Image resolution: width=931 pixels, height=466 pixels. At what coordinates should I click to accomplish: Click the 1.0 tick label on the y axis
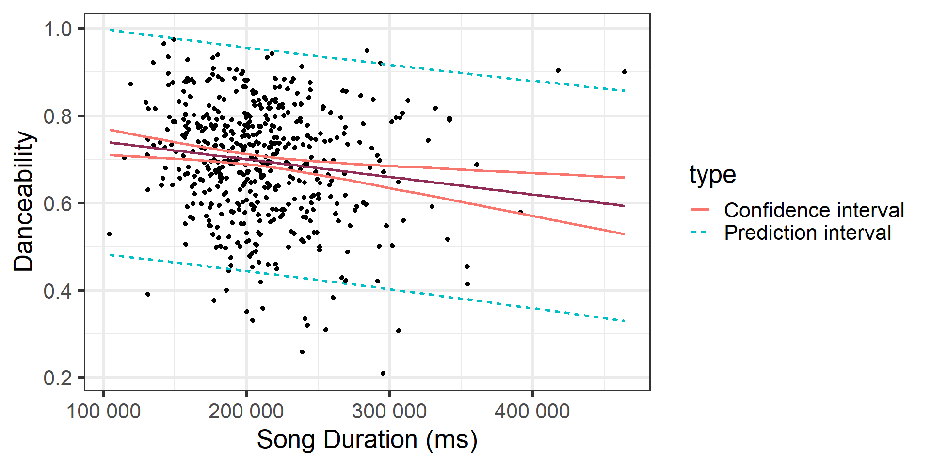58,30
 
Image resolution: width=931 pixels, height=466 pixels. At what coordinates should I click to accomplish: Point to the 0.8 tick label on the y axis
58,117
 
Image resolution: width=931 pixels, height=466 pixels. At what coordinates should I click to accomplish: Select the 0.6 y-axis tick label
58,204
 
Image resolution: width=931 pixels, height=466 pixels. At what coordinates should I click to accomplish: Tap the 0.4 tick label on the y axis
58,291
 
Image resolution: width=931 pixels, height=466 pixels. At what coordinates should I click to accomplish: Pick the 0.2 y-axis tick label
58,378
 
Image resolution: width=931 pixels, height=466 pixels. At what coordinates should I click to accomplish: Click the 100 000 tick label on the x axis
103,412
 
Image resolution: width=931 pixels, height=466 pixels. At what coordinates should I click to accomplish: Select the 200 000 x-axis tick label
246,412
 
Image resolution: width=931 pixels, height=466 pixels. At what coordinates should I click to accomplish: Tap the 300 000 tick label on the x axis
389,412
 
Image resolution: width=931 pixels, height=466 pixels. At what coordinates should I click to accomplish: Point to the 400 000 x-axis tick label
532,412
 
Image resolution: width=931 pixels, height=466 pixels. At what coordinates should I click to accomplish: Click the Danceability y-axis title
23,201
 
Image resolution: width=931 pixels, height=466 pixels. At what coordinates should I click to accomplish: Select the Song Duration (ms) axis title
367,440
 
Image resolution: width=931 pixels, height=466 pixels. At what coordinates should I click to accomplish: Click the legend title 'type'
712,174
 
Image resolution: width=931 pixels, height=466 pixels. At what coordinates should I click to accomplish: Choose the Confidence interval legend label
814,210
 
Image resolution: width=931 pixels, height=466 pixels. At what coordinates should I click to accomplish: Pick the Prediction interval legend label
807,233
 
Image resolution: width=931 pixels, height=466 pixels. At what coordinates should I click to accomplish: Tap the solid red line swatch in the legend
700,210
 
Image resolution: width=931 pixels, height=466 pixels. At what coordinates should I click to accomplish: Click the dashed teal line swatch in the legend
700,233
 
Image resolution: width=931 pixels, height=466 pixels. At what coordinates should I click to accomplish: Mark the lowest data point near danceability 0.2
383,373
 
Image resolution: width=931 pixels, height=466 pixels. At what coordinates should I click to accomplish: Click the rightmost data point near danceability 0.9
625,72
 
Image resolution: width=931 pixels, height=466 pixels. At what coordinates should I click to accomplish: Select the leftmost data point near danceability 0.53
110,234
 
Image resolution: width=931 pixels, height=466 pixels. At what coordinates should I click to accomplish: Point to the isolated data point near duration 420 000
558,70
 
